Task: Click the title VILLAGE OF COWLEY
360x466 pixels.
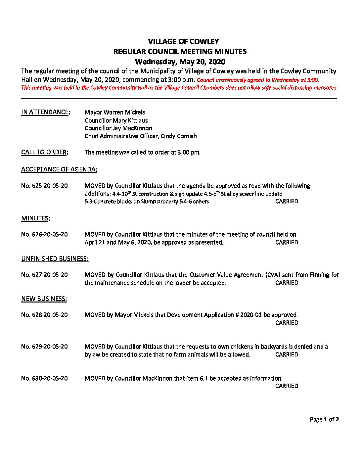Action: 183,42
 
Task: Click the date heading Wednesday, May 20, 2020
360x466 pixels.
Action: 180,62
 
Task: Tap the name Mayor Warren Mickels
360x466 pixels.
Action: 114,112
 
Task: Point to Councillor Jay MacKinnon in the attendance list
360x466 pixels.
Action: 118,128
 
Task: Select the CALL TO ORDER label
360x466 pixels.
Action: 44,152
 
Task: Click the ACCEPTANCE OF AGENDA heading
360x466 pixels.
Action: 59,169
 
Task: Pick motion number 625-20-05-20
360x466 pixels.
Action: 44,186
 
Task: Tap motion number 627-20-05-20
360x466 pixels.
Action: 44,275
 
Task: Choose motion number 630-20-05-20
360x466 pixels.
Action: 44,378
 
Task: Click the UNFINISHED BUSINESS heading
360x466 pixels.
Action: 55,259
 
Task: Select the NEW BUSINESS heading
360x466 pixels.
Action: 44,299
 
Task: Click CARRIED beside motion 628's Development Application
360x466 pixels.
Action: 287,323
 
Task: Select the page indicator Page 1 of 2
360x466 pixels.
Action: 324,419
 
